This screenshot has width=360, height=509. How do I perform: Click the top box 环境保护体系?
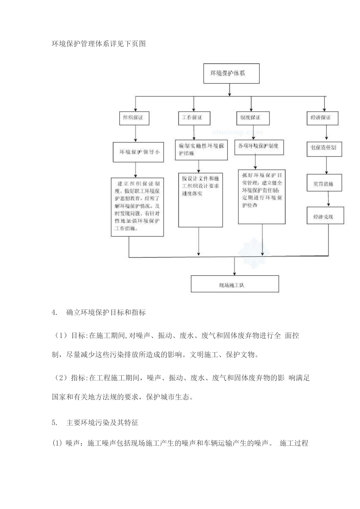pos(231,73)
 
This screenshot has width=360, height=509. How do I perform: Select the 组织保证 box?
pos(133,118)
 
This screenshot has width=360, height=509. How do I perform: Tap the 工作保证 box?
pos(192,118)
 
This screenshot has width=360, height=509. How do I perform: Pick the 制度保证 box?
pos(250,118)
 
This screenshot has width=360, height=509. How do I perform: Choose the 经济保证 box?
pos(322,118)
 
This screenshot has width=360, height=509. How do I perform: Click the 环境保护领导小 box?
pos(138,152)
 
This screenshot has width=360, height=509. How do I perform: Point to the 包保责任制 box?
pos(324,148)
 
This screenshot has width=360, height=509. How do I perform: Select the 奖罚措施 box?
pos(323,184)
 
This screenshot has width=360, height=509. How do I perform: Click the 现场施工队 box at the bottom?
pos(235,284)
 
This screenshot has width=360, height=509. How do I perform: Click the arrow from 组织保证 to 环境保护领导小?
pos(136,133)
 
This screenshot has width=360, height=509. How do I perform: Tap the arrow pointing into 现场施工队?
pos(235,267)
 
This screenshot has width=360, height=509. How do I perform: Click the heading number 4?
pos(54,313)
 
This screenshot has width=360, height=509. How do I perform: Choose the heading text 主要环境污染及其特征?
pos(102,423)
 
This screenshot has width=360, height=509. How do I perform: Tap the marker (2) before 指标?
pos(61,378)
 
